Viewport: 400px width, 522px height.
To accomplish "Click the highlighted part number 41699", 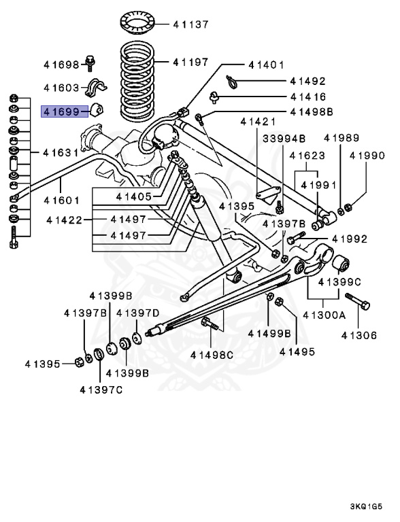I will pyautogui.click(x=61, y=110).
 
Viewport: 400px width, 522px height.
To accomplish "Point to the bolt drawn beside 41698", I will pyautogui.click(x=91, y=63).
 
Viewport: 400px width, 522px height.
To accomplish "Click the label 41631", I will pyautogui.click(x=61, y=152).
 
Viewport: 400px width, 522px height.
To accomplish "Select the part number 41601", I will pyautogui.click(x=61, y=200).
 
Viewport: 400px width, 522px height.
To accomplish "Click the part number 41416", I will pyautogui.click(x=307, y=97).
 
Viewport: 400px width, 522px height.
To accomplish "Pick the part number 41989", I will pyautogui.click(x=341, y=137).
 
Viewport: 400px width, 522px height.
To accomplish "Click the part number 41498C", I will pyautogui.click(x=212, y=354).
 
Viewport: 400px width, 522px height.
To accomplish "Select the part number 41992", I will pyautogui.click(x=349, y=239).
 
